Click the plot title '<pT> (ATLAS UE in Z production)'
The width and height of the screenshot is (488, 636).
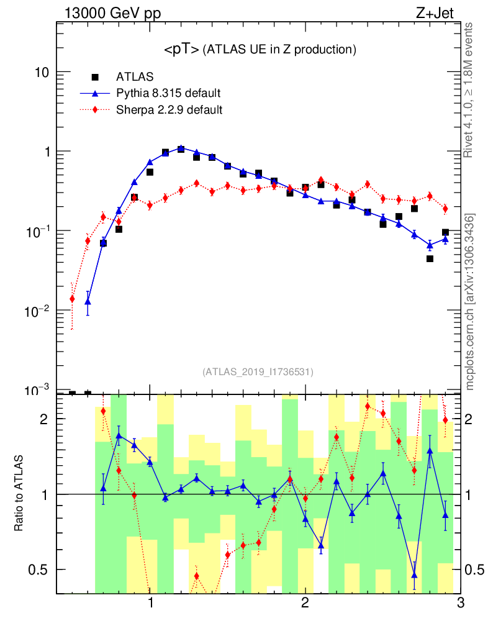click(x=260, y=50)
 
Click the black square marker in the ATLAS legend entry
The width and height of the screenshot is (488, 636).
click(x=95, y=77)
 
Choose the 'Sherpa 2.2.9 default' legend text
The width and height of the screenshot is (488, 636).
click(x=169, y=110)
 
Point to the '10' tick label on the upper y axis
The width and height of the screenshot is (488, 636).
click(x=41, y=73)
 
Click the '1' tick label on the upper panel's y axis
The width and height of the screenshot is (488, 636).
click(x=45, y=152)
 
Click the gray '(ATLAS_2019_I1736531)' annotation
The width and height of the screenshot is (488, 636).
click(x=258, y=372)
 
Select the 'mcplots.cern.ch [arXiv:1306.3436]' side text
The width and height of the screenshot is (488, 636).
click(x=470, y=302)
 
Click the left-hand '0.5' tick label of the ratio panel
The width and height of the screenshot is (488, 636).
click(x=39, y=570)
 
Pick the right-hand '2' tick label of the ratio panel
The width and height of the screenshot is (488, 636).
click(x=472, y=419)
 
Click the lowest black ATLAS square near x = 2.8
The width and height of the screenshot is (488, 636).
click(x=430, y=258)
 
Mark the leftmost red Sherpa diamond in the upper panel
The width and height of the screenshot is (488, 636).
click(x=72, y=299)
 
